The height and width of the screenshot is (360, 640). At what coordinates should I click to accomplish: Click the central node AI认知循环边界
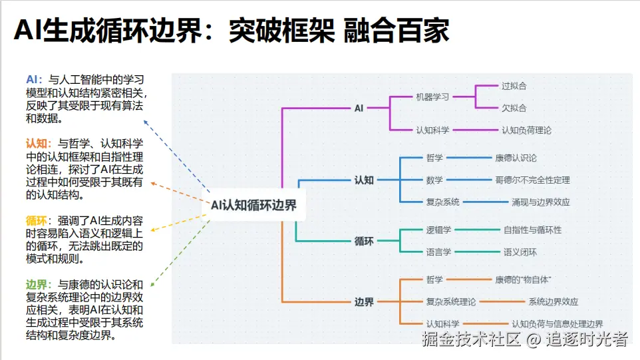tap(253, 206)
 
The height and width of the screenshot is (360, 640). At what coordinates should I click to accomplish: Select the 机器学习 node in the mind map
tap(432, 96)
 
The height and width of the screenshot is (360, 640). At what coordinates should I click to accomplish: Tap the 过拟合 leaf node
tap(514, 86)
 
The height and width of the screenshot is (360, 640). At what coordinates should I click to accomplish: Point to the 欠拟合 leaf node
tap(514, 108)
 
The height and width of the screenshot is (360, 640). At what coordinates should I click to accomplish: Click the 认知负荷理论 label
tap(526, 130)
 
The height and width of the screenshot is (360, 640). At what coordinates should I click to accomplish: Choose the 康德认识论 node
tap(516, 158)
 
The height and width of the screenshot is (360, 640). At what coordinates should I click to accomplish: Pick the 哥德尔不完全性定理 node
tap(532, 180)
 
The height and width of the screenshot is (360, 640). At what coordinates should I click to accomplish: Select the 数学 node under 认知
tap(434, 180)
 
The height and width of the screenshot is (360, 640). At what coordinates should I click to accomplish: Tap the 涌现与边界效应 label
tap(540, 202)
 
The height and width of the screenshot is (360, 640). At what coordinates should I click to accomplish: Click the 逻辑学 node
tap(438, 230)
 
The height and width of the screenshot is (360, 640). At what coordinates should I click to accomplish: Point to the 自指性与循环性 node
tap(532, 230)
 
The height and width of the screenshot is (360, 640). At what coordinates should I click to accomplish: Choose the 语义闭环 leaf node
tap(520, 252)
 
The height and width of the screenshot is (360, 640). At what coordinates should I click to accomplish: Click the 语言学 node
tap(438, 252)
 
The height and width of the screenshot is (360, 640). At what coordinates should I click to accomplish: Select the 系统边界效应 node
tap(553, 301)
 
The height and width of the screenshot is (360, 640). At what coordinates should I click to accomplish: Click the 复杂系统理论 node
tap(450, 301)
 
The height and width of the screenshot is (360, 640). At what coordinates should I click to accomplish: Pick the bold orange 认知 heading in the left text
tap(39, 143)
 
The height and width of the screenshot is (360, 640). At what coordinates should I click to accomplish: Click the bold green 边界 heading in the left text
tap(39, 283)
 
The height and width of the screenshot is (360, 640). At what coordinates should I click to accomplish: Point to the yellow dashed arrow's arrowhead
tap(150, 231)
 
